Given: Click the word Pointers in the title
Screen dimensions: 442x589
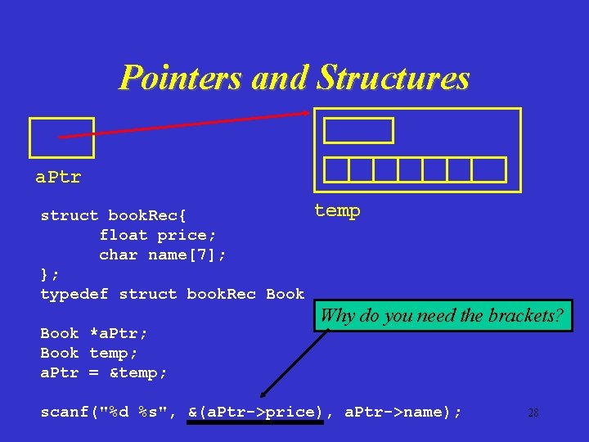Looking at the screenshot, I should [180, 79].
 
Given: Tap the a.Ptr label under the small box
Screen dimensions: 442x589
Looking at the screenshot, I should [58, 177].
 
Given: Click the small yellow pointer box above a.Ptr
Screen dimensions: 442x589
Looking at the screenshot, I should [61, 138].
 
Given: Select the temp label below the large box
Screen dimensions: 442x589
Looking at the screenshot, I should [337, 211].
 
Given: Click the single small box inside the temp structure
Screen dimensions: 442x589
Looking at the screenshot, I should [358, 131].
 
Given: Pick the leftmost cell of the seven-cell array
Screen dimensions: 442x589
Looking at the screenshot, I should [336, 169].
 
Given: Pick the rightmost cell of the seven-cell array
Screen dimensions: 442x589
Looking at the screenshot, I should [489, 169].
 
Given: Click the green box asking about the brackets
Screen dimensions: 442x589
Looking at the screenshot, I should [442, 316].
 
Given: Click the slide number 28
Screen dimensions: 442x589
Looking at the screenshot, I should [533, 413].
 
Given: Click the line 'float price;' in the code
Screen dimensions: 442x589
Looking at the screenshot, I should [153, 235].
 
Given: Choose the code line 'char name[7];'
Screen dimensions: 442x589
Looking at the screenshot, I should [163, 255].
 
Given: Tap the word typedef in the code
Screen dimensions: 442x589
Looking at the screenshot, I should [74, 294].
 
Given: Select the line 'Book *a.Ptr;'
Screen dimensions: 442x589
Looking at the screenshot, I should [94, 333].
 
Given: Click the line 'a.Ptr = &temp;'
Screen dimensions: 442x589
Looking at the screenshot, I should [104, 372].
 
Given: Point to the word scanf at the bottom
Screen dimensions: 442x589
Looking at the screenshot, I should [65, 413].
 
